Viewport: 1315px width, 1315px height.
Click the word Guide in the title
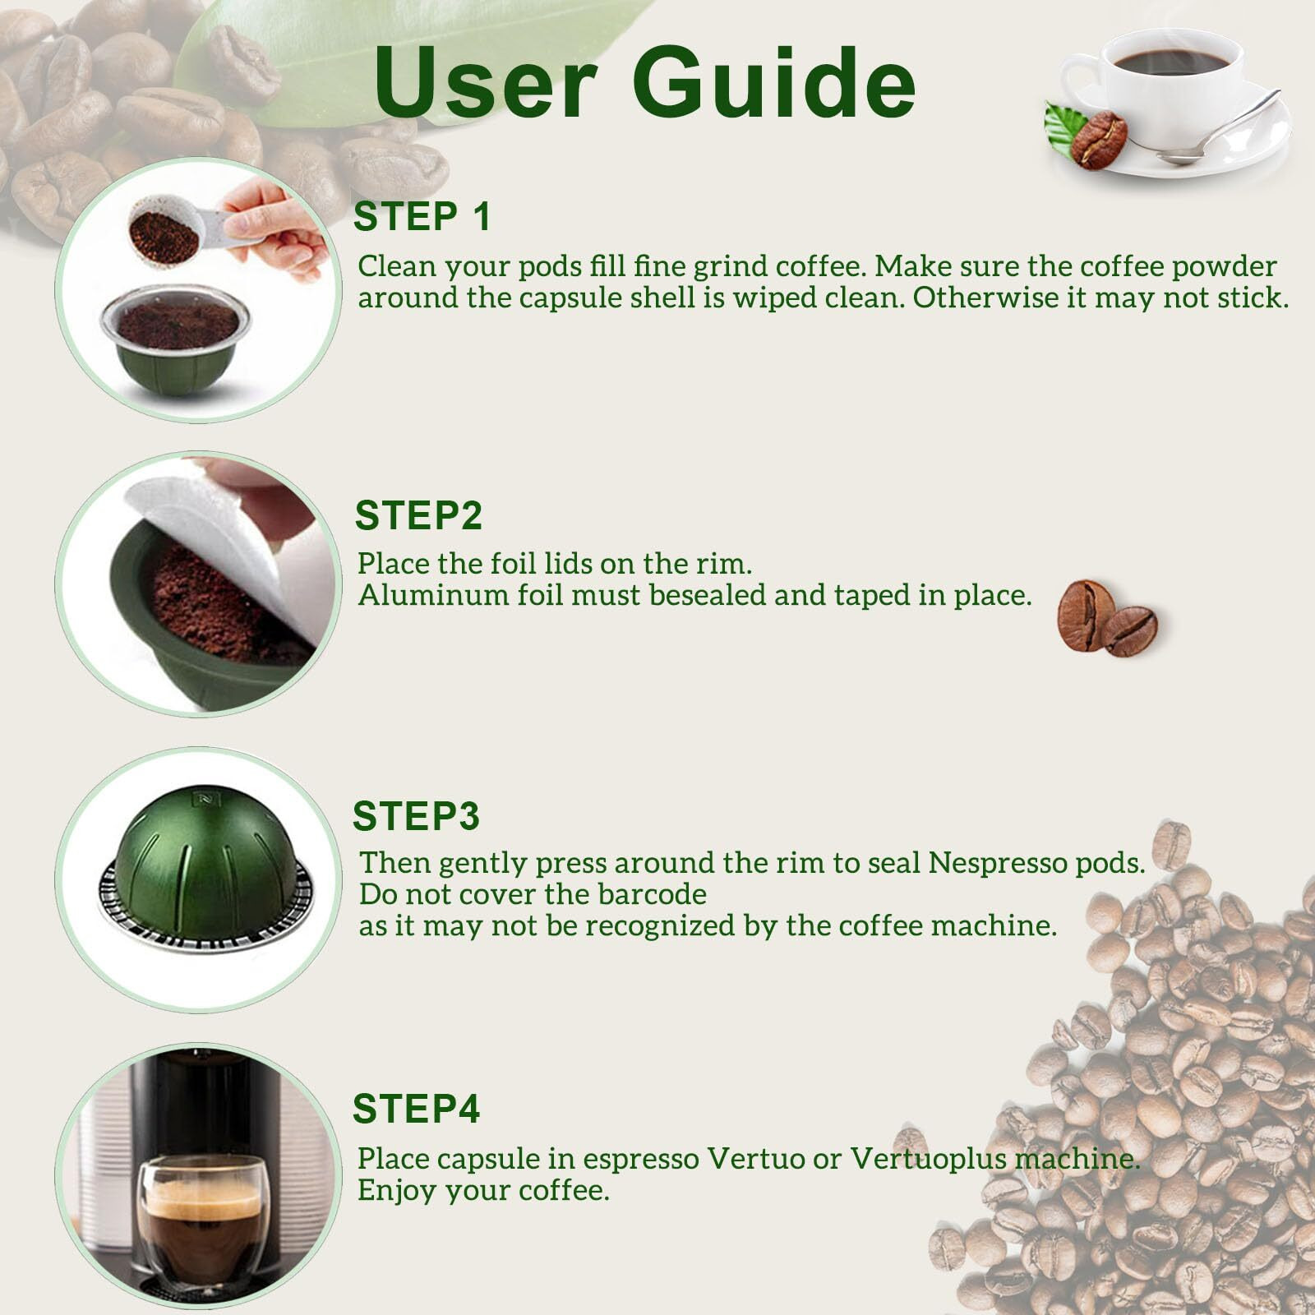coord(773,82)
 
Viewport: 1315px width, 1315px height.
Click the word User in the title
coord(486,82)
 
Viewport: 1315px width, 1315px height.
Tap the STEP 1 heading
coord(422,217)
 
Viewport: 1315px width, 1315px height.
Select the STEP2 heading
coord(418,516)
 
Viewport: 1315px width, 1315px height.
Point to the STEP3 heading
coord(416,816)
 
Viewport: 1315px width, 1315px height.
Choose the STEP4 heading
coord(416,1109)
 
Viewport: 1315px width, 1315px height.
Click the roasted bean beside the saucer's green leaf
coord(1099,140)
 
